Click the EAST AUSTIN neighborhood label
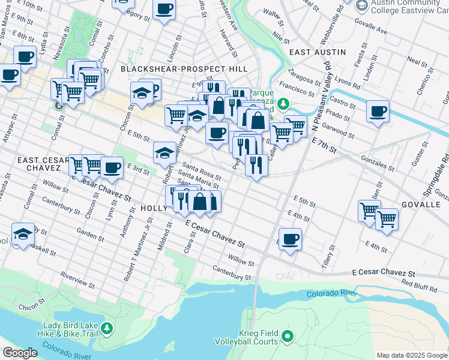318,52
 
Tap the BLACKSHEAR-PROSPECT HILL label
184,70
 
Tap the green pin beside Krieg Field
286,336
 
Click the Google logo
19,353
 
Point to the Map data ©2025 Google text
412,355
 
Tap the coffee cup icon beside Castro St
378,112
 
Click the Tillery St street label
328,253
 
